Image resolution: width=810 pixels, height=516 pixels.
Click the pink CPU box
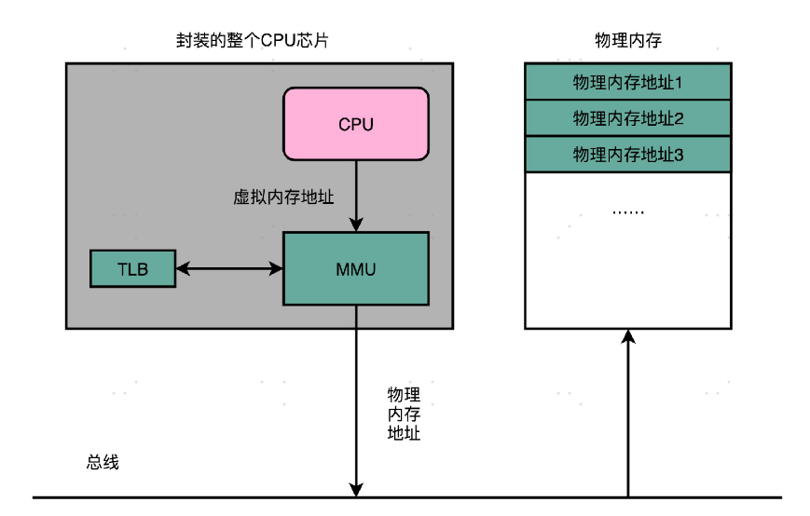coord(356,124)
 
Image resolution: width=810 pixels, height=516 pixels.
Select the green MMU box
coord(356,268)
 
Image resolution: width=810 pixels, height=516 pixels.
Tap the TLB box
coord(132,268)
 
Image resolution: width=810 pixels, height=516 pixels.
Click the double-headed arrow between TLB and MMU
coord(229,268)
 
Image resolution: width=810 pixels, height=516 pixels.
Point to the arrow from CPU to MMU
coord(355,196)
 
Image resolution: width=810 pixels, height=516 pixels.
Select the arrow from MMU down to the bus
coord(355,401)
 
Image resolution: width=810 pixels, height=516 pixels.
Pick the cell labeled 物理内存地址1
coord(628,82)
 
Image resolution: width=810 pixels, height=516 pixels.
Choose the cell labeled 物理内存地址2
coord(628,118)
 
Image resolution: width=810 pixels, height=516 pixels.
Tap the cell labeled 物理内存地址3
coord(628,155)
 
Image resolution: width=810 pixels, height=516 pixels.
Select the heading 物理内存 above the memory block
coord(628,41)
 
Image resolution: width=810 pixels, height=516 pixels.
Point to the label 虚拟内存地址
coord(283,197)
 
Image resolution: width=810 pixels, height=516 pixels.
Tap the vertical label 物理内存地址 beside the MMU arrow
coord(404,414)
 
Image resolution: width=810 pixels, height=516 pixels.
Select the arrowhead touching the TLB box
coord(182,268)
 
